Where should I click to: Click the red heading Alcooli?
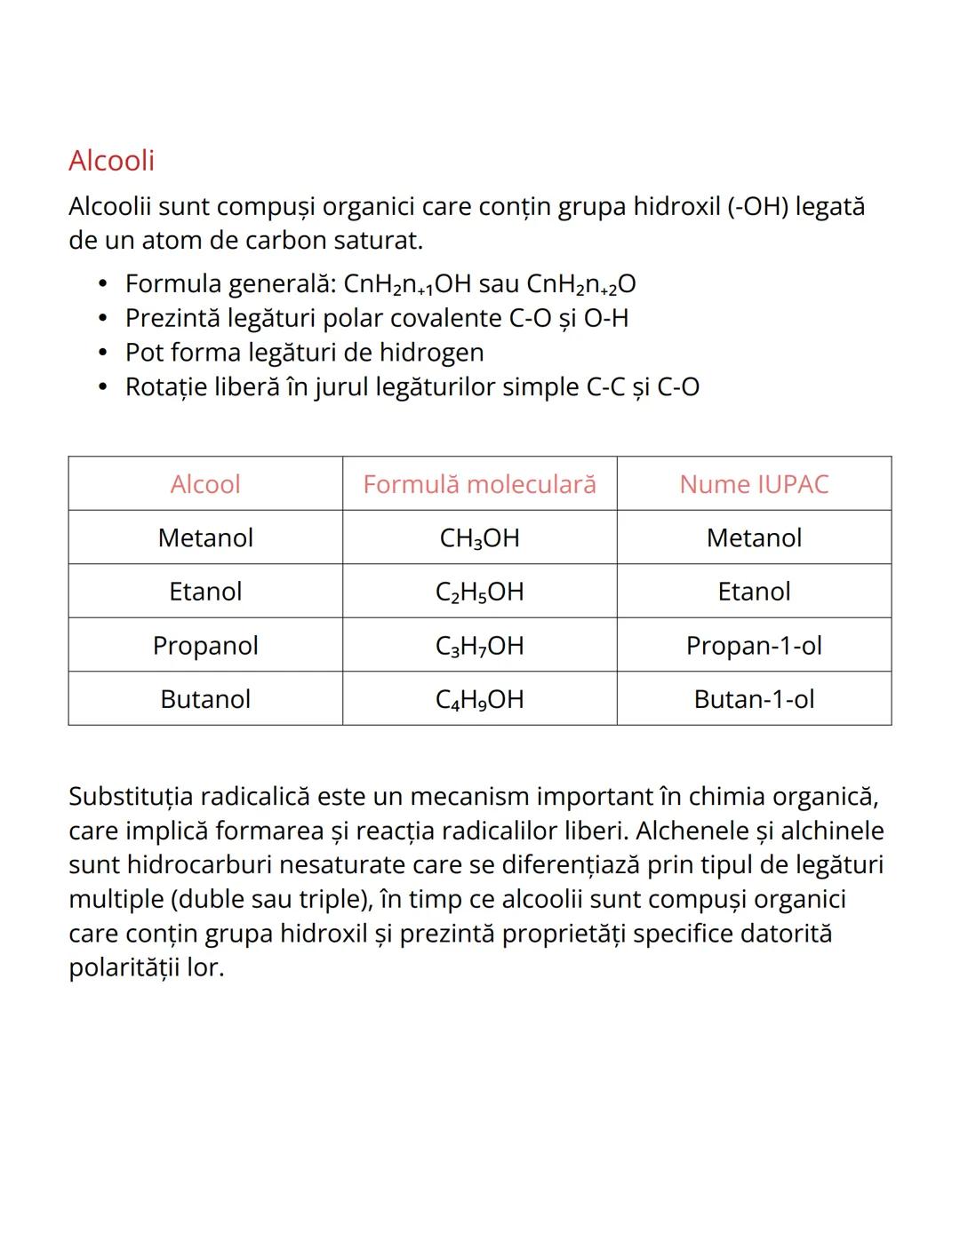(x=111, y=161)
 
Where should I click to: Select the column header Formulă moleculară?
(x=479, y=484)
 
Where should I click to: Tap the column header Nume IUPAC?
(x=754, y=484)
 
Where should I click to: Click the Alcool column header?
(x=205, y=484)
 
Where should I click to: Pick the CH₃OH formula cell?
(x=479, y=538)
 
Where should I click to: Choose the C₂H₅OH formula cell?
(x=479, y=592)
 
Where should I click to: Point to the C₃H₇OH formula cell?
(x=479, y=646)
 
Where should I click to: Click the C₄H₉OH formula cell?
(x=479, y=699)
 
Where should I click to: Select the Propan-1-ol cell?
(x=754, y=646)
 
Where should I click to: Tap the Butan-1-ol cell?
(x=754, y=699)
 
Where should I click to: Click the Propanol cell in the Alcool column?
(x=205, y=646)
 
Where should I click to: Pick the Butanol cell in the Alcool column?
(x=205, y=699)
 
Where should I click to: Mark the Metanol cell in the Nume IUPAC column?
(x=754, y=538)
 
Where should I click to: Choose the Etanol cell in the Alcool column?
(x=205, y=592)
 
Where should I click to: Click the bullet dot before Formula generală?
(x=104, y=284)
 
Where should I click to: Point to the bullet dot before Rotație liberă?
(x=104, y=387)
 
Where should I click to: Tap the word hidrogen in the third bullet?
(x=431, y=353)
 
